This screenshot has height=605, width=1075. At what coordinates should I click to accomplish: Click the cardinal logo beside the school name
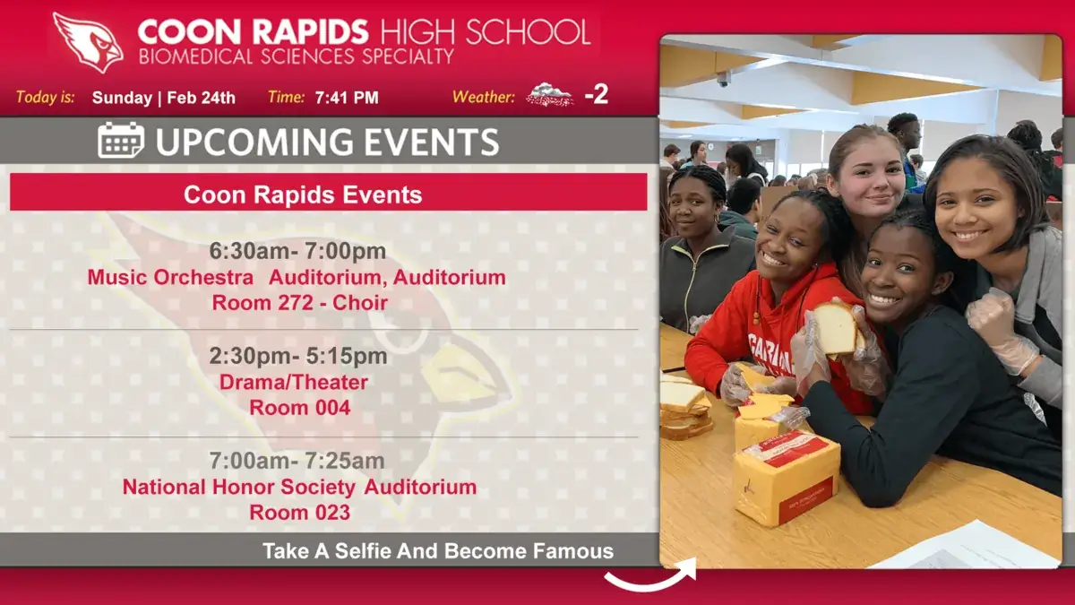point(88,43)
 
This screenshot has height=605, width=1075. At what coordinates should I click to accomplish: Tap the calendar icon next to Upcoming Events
point(120,140)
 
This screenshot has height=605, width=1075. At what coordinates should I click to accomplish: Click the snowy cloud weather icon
point(549,95)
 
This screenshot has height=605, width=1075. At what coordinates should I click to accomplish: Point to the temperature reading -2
point(597,95)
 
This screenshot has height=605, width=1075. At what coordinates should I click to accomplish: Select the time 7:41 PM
point(347,98)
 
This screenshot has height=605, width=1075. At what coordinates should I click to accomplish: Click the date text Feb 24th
point(201,98)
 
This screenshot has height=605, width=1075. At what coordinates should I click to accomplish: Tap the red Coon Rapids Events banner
point(328,192)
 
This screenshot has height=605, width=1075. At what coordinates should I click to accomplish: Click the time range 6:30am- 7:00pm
point(297,251)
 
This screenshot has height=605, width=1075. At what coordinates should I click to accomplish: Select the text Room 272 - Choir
point(300,303)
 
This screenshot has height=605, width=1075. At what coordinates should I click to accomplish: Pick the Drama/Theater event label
point(294,382)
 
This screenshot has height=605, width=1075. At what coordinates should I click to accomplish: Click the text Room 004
point(300,408)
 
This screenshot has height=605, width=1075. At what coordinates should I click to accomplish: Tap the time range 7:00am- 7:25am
point(297,461)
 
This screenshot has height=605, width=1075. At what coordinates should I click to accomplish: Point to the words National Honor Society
point(239,488)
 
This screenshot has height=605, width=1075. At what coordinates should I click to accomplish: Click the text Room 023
point(300,513)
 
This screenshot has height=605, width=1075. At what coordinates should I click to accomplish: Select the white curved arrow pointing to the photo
point(650,577)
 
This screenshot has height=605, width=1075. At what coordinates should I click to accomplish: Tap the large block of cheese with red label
point(787,482)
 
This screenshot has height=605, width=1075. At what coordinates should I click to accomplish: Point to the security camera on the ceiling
point(723,79)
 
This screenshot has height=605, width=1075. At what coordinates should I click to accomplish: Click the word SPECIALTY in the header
point(408,56)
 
